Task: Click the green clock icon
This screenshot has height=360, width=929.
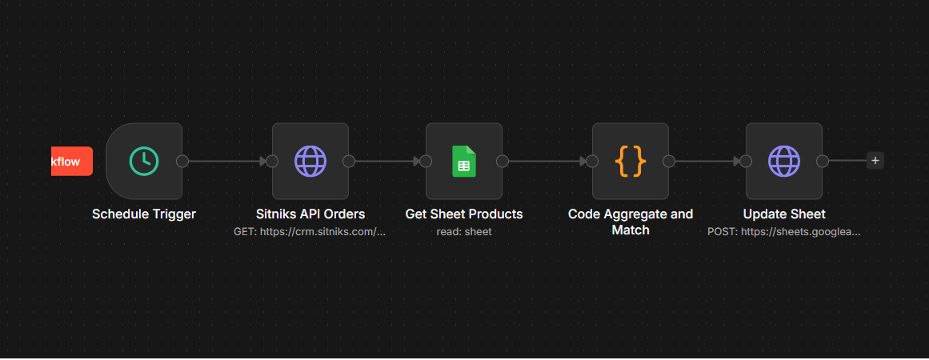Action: point(144,161)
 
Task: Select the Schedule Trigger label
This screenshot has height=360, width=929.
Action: point(144,214)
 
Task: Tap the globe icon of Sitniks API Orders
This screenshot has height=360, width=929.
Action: point(310,161)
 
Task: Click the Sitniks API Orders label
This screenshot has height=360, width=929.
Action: point(310,214)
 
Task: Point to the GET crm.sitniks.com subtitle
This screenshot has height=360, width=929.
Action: point(310,231)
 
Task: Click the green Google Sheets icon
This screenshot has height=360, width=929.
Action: point(464,161)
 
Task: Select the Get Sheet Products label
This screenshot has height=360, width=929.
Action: point(464,214)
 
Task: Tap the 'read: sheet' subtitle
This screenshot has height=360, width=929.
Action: point(464,231)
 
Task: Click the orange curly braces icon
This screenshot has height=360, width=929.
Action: point(631,161)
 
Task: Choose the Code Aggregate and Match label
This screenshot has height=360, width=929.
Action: point(631,222)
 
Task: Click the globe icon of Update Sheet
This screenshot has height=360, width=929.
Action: point(784,161)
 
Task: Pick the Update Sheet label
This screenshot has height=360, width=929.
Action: point(784,214)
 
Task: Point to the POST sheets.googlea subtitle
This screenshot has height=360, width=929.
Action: point(784,231)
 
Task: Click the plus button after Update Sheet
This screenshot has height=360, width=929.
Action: point(875,161)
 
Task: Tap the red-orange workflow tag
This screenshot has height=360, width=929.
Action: point(72,161)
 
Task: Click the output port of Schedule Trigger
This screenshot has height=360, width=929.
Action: point(182,161)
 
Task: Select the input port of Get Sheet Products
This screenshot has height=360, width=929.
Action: point(426,161)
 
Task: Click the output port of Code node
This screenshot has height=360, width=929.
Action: point(669,161)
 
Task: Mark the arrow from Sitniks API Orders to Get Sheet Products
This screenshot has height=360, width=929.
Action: point(387,161)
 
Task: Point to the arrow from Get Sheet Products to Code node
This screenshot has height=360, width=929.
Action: point(547,161)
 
